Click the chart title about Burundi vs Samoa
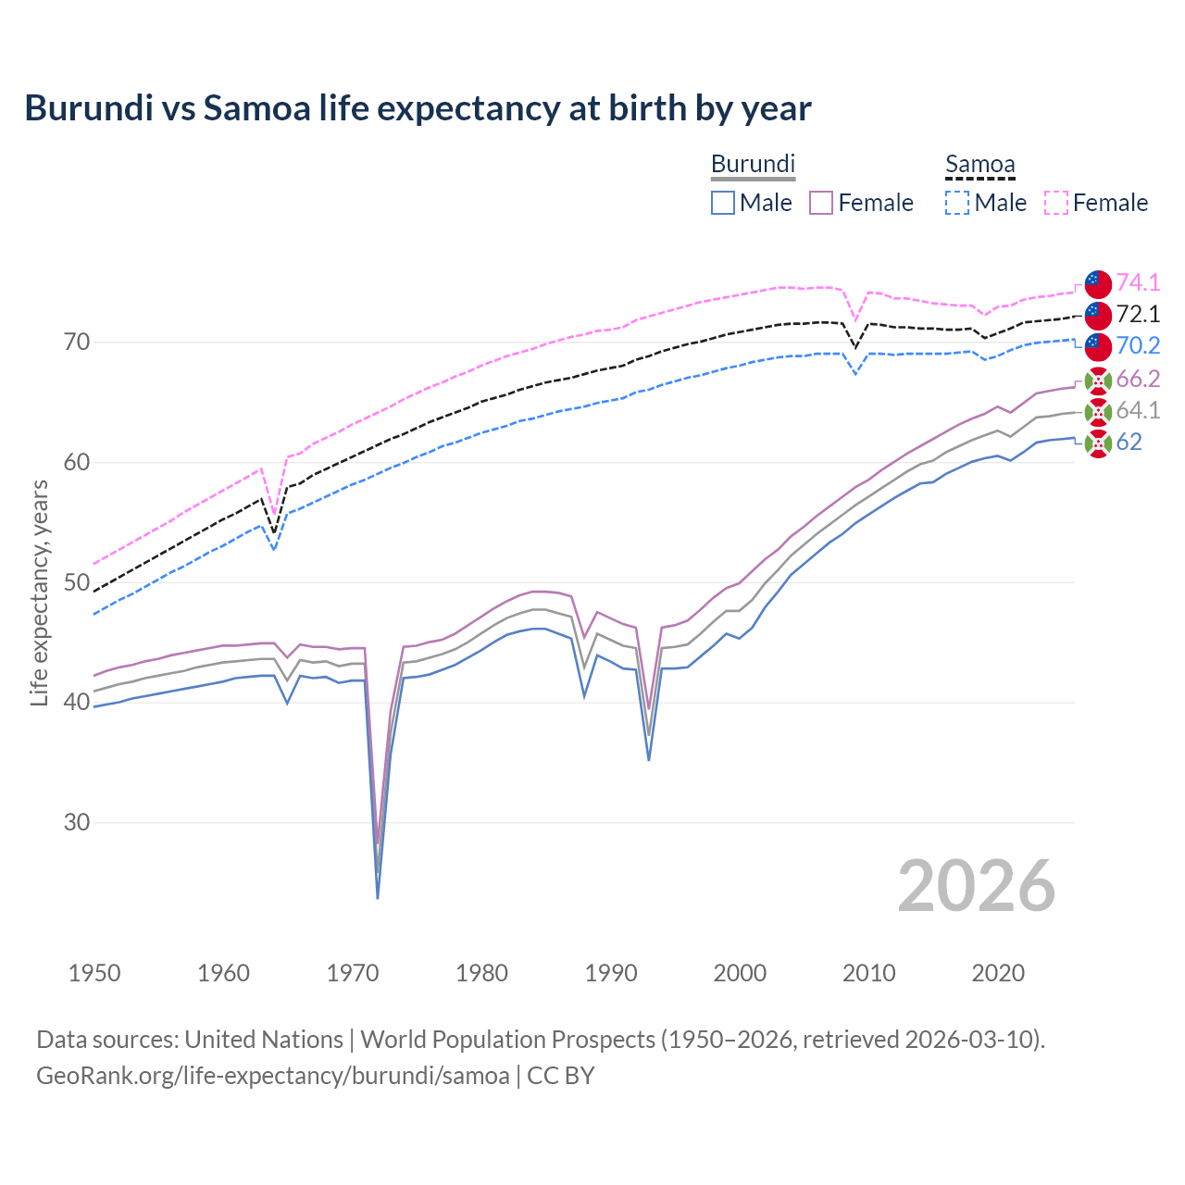418,108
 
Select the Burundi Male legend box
723,203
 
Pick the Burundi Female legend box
821,203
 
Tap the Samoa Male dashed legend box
957,203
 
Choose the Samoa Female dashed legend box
1056,203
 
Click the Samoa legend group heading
979,165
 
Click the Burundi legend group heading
753,164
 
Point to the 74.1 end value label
1138,282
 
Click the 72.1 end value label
1138,314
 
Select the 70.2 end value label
1138,345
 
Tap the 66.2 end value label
1138,379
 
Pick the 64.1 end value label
1138,410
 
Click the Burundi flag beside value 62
1098,443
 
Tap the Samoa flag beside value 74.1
1098,284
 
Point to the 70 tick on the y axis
77,343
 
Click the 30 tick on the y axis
77,822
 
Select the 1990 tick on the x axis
611,973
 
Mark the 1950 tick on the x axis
94,973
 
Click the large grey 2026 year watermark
976,886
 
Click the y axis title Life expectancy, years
40,592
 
